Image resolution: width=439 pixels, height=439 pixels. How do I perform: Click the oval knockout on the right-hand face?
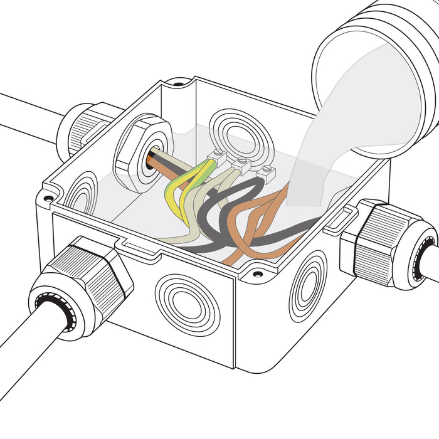(307, 285)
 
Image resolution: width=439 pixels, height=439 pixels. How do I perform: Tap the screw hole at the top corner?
(179, 83)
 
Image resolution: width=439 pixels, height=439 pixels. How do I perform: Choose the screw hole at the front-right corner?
(257, 273)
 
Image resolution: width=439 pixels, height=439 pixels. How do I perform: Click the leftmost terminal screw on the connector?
(218, 154)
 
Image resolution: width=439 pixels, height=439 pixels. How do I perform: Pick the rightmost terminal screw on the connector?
(268, 169)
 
